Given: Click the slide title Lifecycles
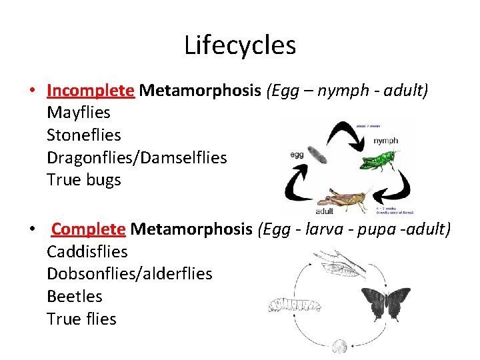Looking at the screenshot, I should tap(240, 45).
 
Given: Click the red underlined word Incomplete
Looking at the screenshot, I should tap(91, 90).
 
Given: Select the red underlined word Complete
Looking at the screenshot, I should tap(88, 229).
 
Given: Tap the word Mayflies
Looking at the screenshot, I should tap(79, 113).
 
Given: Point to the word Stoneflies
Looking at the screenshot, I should tap(84, 135).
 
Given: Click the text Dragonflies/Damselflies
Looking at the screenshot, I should tap(137, 158).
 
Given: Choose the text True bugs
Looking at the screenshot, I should tap(84, 180).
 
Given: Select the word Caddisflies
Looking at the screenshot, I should tap(87, 252).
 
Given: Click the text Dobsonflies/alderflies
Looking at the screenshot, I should tap(129, 274).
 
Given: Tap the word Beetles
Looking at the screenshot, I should tap(75, 296).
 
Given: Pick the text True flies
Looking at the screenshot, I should tap(81, 319).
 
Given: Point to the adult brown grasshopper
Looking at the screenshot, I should tap(343, 199).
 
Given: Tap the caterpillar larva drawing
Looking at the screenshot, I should tap(293, 305).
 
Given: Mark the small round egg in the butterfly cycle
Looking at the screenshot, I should tap(340, 346).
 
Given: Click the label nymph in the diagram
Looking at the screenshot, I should tap(385, 141).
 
